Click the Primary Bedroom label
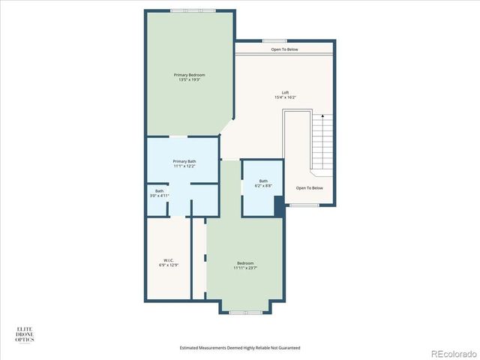tap(189, 75)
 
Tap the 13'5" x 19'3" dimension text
tap(189, 80)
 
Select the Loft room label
tap(285, 92)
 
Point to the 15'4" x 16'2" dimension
tap(285, 97)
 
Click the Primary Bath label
tap(184, 161)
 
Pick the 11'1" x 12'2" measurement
tap(184, 166)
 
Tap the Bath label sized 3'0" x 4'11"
tap(159, 190)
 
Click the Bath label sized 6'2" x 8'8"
tap(263, 180)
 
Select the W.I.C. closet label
tap(169, 259)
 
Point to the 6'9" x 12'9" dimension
tap(169, 265)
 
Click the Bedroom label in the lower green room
tap(245, 262)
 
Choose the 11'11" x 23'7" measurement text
tap(245, 268)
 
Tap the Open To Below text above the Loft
tap(285, 49)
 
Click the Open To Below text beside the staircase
tap(310, 187)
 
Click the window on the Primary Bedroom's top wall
tap(193, 10)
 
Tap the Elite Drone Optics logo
tap(25, 334)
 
